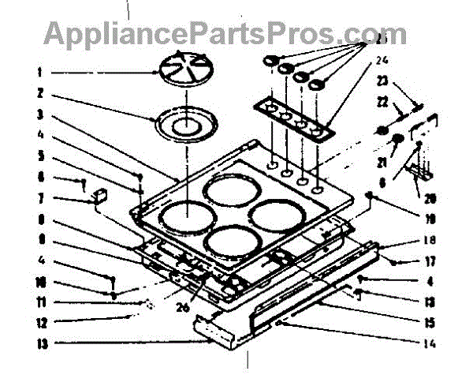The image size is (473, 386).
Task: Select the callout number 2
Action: point(38,92)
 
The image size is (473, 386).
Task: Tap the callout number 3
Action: point(38,114)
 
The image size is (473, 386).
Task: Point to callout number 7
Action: point(38,198)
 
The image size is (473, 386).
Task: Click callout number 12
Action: point(39,322)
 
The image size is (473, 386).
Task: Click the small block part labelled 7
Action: point(100,195)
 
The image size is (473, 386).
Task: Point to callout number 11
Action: point(39,302)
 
